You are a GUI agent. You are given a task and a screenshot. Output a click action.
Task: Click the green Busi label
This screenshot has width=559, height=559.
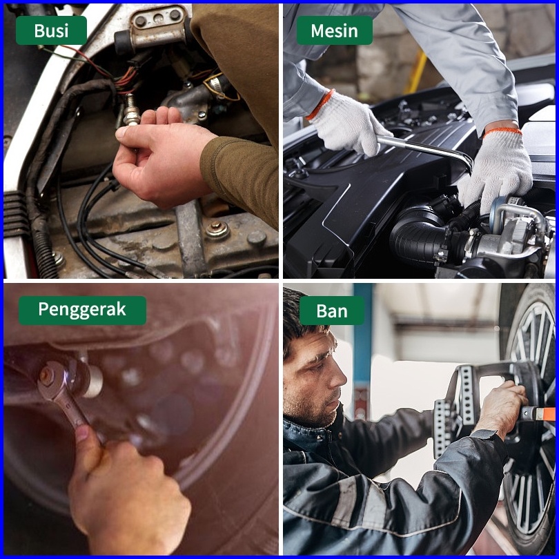[51, 30]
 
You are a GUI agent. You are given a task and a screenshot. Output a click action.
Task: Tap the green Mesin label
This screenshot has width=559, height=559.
[335, 30]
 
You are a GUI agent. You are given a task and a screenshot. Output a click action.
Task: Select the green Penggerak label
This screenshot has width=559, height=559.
[82, 310]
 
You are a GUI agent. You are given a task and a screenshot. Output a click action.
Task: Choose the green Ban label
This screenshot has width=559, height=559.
[332, 310]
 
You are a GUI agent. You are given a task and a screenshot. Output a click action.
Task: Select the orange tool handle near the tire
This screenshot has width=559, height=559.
[539, 413]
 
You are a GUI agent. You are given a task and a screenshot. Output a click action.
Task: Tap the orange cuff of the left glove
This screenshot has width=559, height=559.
[320, 104]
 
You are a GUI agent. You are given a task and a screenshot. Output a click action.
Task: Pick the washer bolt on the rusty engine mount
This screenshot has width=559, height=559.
[217, 230]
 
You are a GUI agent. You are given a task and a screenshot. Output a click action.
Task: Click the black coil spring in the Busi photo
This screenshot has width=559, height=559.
[44, 246]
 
